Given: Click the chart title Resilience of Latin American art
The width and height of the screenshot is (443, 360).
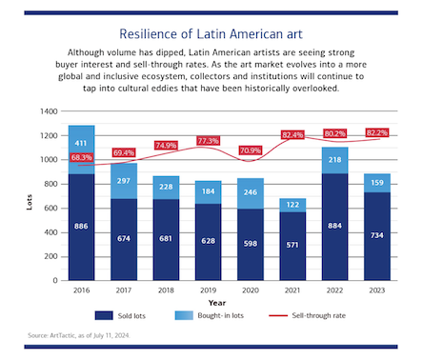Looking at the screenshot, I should [x=220, y=31].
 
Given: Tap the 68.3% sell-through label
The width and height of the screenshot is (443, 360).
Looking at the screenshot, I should [x=81, y=157].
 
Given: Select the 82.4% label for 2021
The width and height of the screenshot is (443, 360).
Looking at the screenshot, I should [x=292, y=135].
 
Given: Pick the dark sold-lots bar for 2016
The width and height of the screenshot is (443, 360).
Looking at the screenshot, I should [x=81, y=227].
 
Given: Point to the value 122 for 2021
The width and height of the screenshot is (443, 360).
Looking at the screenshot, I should [x=291, y=205].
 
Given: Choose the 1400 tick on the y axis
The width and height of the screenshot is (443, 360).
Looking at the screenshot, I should [x=47, y=111].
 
